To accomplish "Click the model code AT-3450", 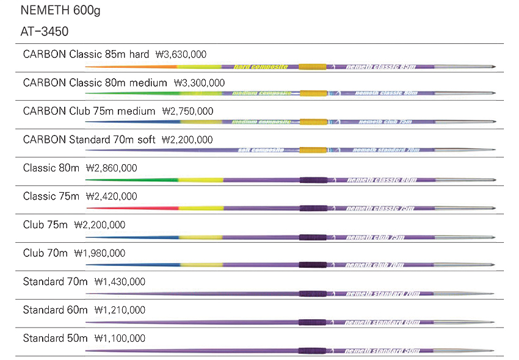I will (x=44, y=31).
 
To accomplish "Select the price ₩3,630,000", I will (x=185, y=54).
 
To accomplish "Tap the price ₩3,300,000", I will (x=199, y=82).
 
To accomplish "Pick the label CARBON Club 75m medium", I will (x=89, y=111).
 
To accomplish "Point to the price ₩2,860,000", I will (x=111, y=168).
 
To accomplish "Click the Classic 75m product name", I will (x=51, y=196).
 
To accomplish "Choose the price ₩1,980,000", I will (x=100, y=253).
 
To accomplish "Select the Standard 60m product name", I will (x=55, y=310).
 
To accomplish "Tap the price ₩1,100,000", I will (x=119, y=338).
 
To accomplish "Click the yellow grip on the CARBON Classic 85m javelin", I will (x=313, y=66).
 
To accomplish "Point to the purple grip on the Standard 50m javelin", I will (x=313, y=350).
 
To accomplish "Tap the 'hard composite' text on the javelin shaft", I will (x=261, y=66).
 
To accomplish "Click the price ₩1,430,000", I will (x=120, y=281).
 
